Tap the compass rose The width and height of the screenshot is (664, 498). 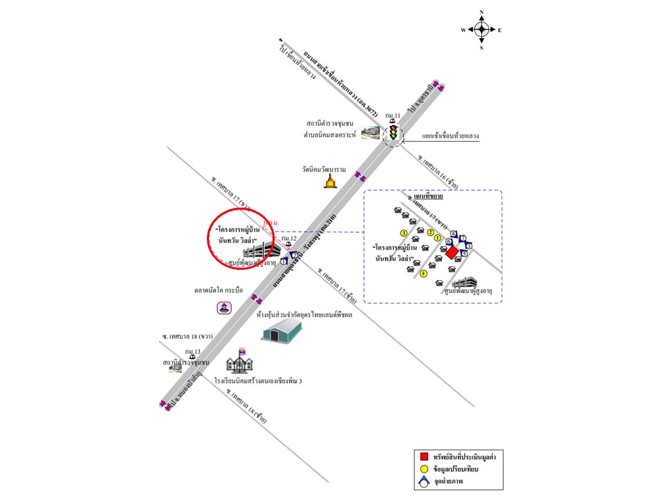(482, 29)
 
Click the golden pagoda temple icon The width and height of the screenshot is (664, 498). (330, 182)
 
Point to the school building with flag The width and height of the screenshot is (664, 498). (241, 362)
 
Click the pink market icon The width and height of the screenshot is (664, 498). (223, 307)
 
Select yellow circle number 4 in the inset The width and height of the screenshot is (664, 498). (423, 274)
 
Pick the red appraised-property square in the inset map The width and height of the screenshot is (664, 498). (451, 253)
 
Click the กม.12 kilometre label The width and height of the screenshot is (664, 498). (289, 239)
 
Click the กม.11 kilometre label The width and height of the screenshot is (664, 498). (393, 115)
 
